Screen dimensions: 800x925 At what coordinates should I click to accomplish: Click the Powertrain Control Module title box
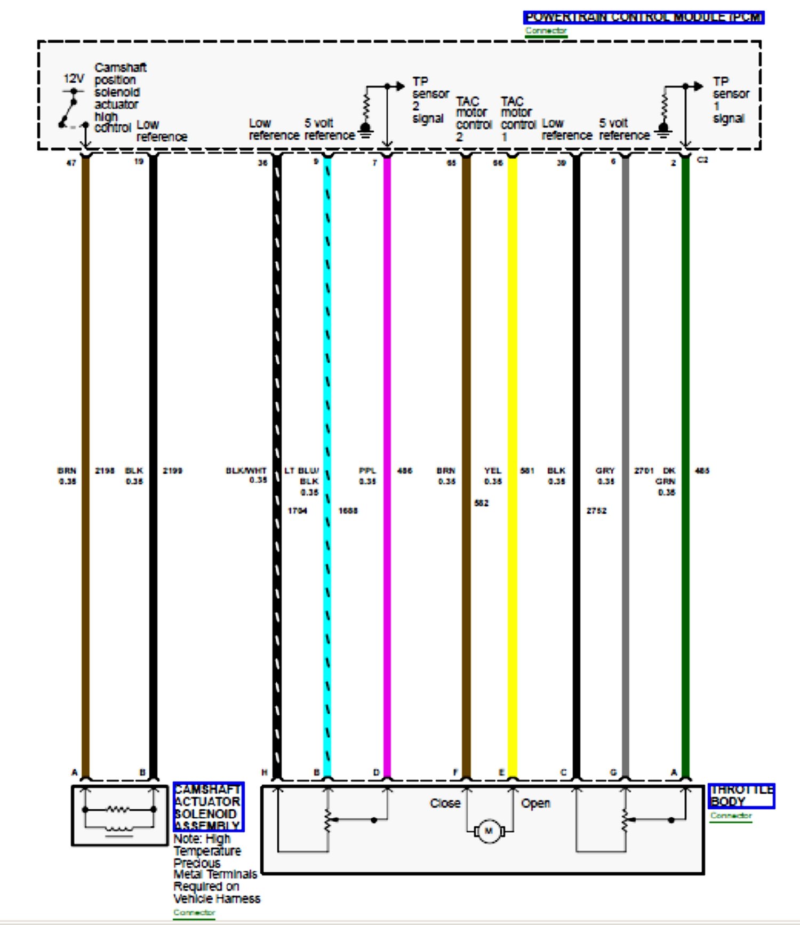click(643, 18)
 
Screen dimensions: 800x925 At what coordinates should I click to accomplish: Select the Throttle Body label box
click(741, 796)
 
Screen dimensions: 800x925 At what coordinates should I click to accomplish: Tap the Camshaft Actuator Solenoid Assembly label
click(208, 807)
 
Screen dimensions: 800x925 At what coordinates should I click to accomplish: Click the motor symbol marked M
click(488, 831)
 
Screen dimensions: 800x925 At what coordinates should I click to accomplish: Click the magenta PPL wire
click(387, 373)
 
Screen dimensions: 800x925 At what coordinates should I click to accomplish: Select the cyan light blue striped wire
click(327, 373)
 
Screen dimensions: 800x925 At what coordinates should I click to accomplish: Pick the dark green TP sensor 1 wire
click(686, 373)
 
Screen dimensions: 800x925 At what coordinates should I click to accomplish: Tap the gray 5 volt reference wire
click(626, 373)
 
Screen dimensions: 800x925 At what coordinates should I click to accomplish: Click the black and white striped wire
click(277, 373)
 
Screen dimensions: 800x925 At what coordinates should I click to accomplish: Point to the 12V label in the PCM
click(74, 79)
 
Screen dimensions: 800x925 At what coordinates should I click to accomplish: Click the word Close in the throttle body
click(445, 803)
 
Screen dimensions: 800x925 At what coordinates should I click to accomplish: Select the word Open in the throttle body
click(535, 803)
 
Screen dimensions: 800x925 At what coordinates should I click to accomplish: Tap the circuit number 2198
click(105, 471)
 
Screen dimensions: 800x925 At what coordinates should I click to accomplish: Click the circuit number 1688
click(348, 511)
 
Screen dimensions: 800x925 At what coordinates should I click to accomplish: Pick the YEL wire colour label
click(493, 471)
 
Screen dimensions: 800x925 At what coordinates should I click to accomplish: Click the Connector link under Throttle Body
click(731, 816)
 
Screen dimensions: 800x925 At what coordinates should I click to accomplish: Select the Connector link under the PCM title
click(546, 31)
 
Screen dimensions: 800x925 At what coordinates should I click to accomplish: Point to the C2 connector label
click(702, 160)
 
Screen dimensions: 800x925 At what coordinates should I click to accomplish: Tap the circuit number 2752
click(596, 511)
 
